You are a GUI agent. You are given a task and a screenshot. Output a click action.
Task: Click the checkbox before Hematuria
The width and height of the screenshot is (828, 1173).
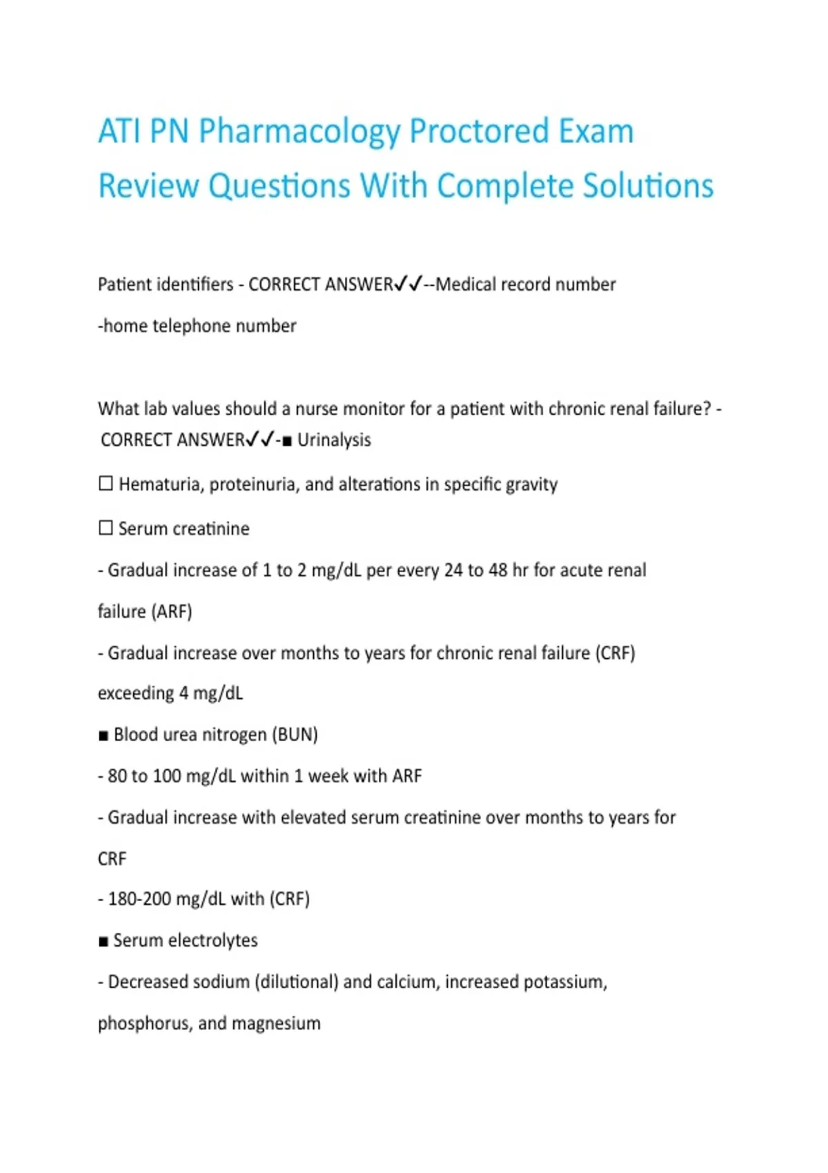(106, 484)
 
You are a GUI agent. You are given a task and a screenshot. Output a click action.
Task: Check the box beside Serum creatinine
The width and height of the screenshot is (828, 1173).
(106, 528)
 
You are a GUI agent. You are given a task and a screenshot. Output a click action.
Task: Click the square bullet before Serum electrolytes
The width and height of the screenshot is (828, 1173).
(103, 942)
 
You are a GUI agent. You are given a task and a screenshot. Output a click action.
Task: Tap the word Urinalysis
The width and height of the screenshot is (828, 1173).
(334, 440)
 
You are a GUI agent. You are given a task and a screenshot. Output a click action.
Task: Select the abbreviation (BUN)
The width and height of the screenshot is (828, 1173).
(296, 735)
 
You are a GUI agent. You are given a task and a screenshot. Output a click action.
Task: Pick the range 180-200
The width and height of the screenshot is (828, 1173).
(139, 899)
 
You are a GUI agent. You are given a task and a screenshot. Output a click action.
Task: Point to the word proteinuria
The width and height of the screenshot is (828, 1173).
(255, 485)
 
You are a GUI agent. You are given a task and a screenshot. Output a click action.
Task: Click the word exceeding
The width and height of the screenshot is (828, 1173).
(136, 693)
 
